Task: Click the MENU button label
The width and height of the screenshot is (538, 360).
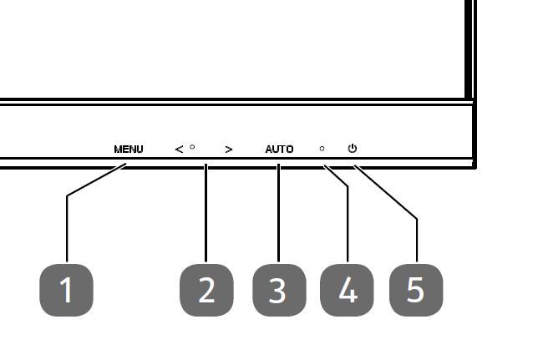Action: (x=129, y=150)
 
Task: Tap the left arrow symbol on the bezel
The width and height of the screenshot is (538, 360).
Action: (x=179, y=150)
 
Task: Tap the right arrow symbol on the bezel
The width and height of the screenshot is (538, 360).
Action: (x=229, y=150)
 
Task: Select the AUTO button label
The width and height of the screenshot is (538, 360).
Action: (x=279, y=150)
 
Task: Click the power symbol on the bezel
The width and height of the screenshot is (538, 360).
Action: (x=353, y=149)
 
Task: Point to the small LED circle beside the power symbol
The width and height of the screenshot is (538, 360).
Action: (x=322, y=149)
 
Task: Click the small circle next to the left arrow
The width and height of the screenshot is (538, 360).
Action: (x=192, y=147)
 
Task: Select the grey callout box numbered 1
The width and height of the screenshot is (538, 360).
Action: (x=66, y=290)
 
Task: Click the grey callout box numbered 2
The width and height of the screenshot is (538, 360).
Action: (x=206, y=290)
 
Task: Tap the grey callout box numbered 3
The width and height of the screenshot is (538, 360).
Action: (x=278, y=290)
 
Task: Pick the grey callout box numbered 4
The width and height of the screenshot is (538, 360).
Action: (x=348, y=290)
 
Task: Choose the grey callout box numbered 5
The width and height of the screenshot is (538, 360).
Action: (x=416, y=290)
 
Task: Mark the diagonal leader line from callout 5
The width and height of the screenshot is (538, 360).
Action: (x=386, y=193)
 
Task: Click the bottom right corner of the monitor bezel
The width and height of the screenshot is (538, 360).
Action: (x=475, y=165)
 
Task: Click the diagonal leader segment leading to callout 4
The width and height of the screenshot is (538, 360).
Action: (x=336, y=175)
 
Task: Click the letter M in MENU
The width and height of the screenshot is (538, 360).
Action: (x=118, y=150)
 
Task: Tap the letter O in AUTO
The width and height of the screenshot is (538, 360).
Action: (x=290, y=150)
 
